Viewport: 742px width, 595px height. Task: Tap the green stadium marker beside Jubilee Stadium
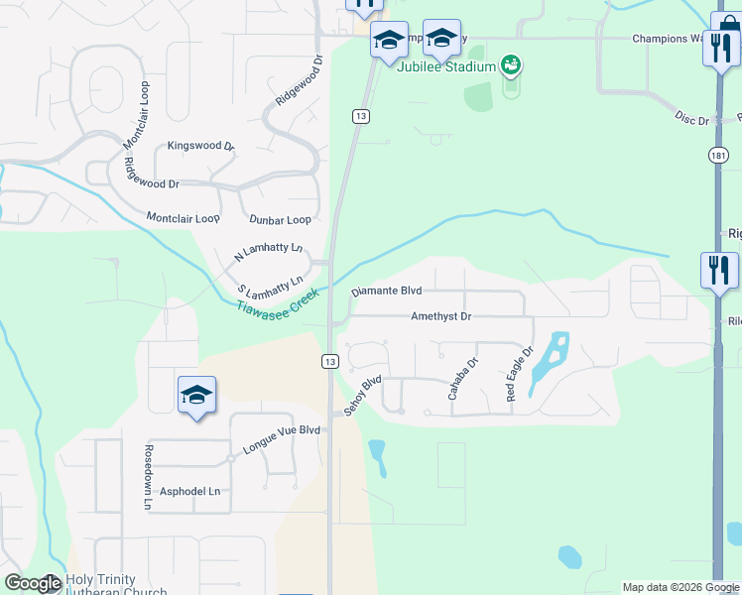point(511,66)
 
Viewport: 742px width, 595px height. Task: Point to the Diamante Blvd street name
point(387,292)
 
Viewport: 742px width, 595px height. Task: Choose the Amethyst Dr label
point(440,316)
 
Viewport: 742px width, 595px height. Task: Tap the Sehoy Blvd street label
point(363,396)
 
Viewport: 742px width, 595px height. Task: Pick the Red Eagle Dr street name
point(520,373)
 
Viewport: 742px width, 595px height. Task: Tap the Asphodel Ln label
point(189,491)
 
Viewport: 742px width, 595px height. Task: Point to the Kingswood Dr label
point(201,146)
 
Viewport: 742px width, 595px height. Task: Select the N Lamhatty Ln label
point(268,253)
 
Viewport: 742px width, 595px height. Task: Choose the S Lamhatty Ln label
point(270,287)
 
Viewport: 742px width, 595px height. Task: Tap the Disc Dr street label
point(691,120)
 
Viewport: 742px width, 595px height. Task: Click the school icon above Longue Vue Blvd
point(196,395)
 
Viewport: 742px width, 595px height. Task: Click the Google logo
point(33,583)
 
